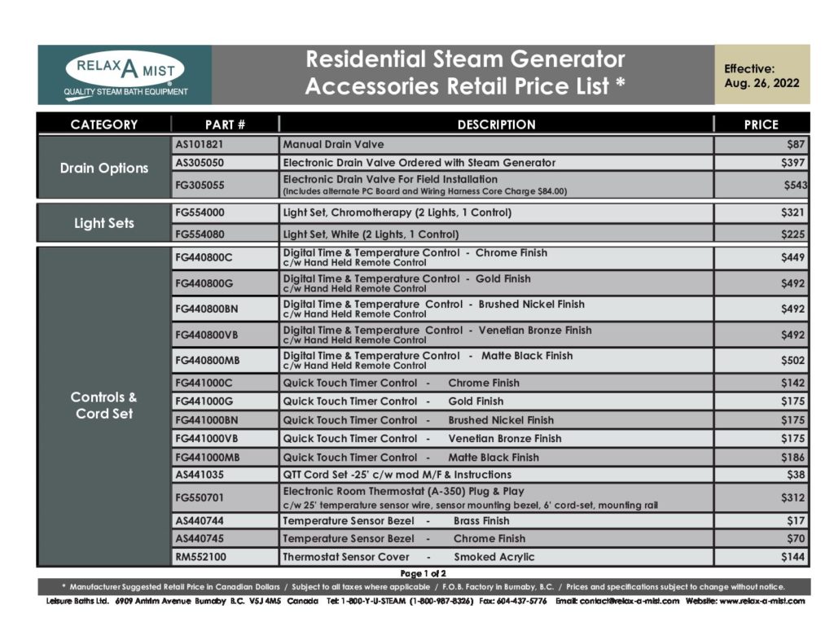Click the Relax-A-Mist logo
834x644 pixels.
(x=125, y=75)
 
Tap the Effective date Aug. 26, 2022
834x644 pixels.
(x=762, y=76)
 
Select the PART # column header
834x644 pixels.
(x=225, y=125)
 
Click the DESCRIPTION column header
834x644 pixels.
(x=496, y=125)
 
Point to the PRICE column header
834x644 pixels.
(x=761, y=125)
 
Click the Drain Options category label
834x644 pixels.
(x=104, y=168)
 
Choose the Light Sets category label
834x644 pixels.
(x=104, y=223)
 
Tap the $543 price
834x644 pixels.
(x=795, y=185)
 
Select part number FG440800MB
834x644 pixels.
(x=208, y=360)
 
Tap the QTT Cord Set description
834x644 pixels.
(x=397, y=475)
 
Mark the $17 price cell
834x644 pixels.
(x=796, y=521)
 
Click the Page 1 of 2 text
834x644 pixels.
(x=423, y=573)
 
